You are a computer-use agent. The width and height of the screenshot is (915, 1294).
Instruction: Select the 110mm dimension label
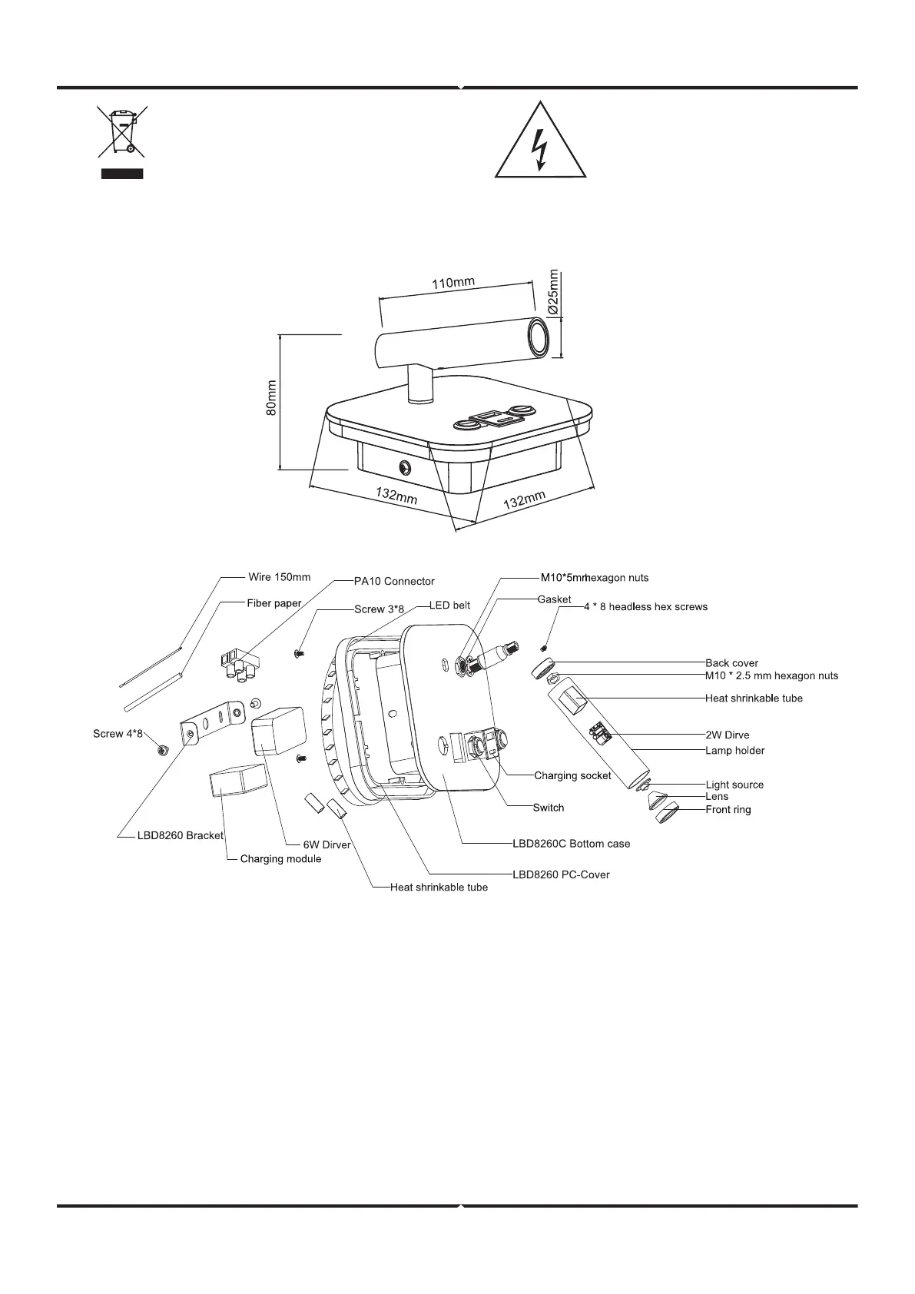[x=453, y=284]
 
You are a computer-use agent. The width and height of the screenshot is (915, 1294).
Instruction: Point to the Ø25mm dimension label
[x=554, y=290]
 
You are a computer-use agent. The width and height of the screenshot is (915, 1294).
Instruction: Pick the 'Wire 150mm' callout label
[x=280, y=577]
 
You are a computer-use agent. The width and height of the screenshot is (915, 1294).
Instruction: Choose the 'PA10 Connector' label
[x=394, y=581]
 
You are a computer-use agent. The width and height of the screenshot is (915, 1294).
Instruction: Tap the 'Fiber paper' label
[x=274, y=603]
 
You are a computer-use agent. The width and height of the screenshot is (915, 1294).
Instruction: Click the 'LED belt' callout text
[x=450, y=606]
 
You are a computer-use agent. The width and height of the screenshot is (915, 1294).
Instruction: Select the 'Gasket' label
[x=554, y=599]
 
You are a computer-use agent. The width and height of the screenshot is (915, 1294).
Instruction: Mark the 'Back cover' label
[x=731, y=663]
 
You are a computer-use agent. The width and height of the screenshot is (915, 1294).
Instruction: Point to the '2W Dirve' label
[x=727, y=735]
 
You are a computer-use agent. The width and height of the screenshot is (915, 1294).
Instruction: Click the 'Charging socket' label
[x=572, y=775]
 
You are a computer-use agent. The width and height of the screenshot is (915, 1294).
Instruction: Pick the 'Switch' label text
[x=549, y=808]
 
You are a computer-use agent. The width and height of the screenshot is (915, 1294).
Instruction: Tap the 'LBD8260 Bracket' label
[x=181, y=835]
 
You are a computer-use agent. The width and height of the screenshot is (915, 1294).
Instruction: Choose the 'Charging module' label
[x=280, y=858]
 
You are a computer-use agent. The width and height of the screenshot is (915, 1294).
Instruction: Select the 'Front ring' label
[x=728, y=809]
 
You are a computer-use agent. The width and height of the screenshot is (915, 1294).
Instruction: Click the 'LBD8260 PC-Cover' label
[x=561, y=874]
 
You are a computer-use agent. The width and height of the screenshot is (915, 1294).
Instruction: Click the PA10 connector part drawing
[x=239, y=662]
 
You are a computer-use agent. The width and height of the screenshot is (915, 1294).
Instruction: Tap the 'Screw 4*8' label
[x=118, y=734]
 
